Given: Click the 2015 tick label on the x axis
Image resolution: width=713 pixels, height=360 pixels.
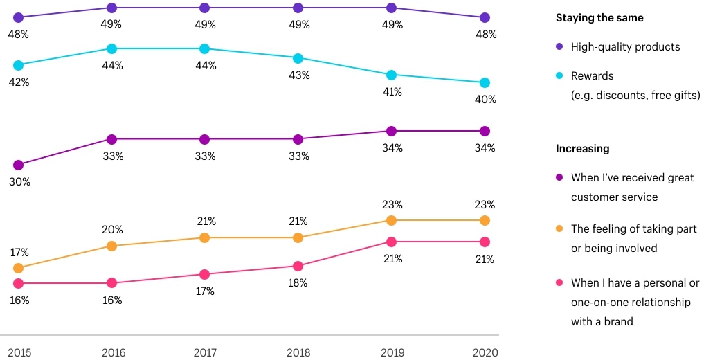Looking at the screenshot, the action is click(19, 352).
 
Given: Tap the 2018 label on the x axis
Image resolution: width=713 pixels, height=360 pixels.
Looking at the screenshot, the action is click(298, 352).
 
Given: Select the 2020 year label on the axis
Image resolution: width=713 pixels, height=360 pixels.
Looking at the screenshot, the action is click(485, 352).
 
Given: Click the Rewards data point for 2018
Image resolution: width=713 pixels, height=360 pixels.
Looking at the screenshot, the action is click(298, 59).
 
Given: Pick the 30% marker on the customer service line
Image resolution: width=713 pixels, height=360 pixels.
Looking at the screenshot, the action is click(18, 165).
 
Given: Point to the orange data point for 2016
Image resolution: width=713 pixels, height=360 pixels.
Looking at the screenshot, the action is click(111, 246).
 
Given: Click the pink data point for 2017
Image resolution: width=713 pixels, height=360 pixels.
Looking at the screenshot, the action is click(205, 275).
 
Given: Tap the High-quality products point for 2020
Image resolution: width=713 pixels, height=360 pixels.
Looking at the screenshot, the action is click(485, 18).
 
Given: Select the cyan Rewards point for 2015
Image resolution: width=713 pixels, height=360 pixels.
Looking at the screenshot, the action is click(18, 66).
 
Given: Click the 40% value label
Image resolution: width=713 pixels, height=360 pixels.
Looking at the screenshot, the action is click(485, 100).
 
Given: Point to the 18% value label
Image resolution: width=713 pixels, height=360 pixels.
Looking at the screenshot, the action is click(298, 283).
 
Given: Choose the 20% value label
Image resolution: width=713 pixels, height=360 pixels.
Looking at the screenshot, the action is click(112, 230).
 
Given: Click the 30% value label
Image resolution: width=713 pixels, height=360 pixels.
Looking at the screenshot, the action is click(19, 182).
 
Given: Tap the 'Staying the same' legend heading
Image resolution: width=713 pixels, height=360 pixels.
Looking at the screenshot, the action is click(599, 18).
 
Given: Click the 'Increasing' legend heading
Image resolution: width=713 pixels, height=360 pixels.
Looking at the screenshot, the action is click(582, 149).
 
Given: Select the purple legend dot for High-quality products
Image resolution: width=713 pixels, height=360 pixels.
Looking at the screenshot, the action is click(559, 46).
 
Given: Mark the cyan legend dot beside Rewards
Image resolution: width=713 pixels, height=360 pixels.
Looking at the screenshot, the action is click(559, 75).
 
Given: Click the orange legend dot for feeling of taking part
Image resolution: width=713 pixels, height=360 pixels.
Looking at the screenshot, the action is click(559, 228).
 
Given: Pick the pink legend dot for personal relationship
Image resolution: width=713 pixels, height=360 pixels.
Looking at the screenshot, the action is click(559, 282).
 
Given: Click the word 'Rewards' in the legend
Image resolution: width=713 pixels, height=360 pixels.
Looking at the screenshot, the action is click(592, 76).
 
